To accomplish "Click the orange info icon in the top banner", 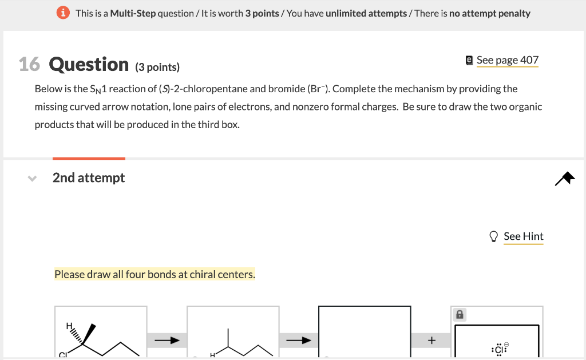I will (x=65, y=13).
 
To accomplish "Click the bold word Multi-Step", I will (x=133, y=13).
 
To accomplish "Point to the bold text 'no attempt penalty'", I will (x=490, y=13).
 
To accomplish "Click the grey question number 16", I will (x=29, y=65).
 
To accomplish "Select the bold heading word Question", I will (x=89, y=65).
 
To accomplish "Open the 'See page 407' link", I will (x=508, y=60).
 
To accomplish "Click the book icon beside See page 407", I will (x=470, y=60).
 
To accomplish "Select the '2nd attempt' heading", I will (x=89, y=178).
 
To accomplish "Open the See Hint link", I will (x=524, y=236).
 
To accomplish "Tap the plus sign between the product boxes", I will (x=431, y=341).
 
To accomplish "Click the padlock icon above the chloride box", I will (x=459, y=314).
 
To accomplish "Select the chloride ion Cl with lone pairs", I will (x=498, y=349).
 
